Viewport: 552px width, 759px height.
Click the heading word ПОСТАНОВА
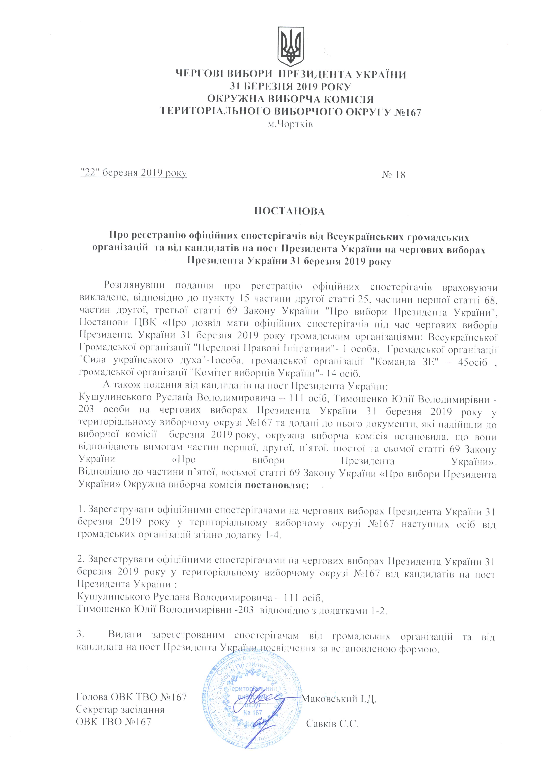click(x=290, y=212)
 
